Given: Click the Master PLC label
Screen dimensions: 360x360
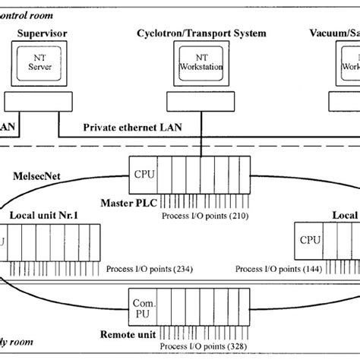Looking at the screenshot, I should [x=127, y=204].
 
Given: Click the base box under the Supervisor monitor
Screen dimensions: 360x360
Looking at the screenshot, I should [x=35, y=100].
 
